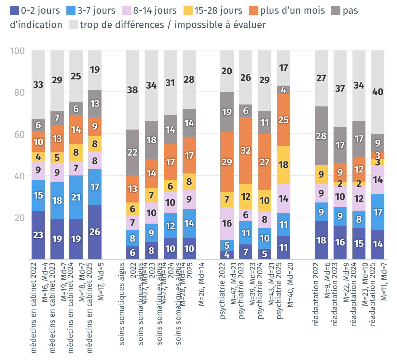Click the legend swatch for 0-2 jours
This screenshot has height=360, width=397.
click(x=15, y=10)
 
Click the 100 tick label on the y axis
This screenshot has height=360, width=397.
click(x=18, y=51)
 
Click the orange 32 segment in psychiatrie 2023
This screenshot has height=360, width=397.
click(x=246, y=150)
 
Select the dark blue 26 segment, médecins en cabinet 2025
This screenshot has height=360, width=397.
click(x=95, y=232)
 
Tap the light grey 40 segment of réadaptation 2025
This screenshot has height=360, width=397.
click(x=378, y=92)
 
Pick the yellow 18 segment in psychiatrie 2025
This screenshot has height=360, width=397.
click(x=283, y=165)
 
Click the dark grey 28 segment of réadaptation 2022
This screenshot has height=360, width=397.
click(x=321, y=136)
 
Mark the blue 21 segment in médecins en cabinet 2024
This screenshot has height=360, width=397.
click(x=76, y=197)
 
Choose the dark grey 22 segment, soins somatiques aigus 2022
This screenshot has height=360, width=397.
click(x=132, y=152)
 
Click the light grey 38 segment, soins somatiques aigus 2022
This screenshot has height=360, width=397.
click(x=132, y=90)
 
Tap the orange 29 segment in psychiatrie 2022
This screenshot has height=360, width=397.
click(x=227, y=162)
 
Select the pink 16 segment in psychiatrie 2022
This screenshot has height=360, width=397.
click(x=227, y=223)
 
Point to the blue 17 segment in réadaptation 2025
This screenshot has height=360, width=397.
click(x=378, y=212)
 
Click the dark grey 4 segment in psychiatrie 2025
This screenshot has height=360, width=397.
click(x=283, y=90)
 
